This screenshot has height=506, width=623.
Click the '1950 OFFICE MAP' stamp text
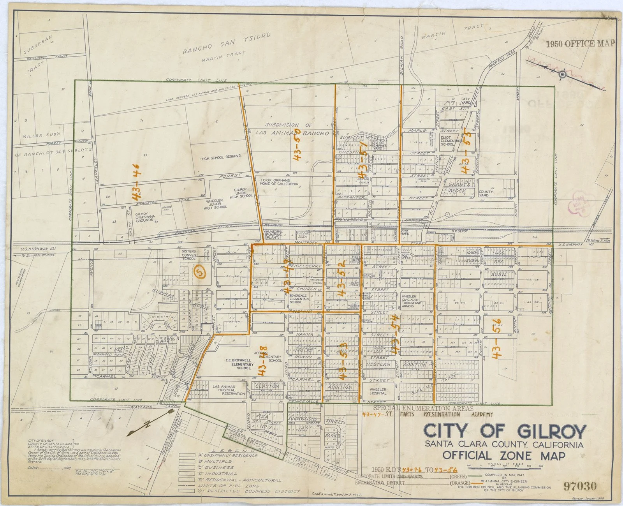tap(580, 44)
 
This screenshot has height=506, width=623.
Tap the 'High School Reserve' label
tap(220, 156)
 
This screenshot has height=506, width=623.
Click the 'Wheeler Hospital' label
tap(378, 391)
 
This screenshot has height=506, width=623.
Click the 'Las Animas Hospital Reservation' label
tap(228, 390)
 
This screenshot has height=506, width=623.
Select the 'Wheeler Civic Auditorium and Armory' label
tap(412, 301)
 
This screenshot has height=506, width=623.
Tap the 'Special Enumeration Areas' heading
tap(423, 408)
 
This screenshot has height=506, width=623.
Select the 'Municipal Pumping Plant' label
tap(274, 235)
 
